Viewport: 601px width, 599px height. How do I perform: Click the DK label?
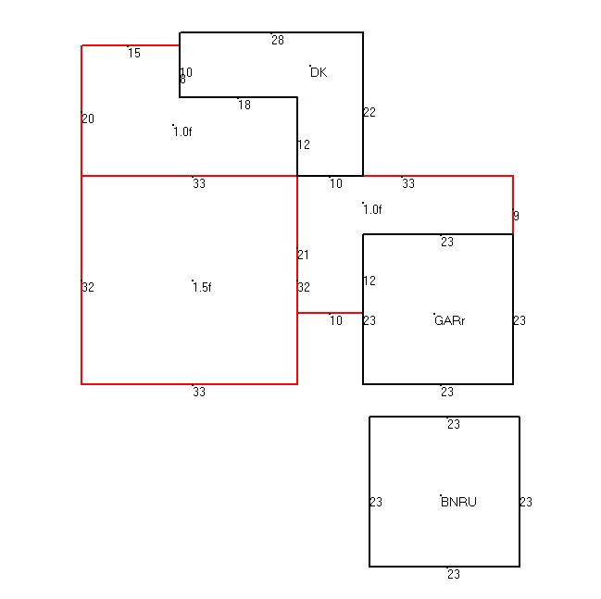319,72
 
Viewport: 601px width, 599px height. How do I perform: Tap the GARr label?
450,320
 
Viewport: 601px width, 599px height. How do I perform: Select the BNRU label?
458,502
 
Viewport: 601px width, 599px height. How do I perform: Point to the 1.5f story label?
202,287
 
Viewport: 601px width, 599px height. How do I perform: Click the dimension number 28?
278,40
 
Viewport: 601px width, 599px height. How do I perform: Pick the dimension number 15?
134,53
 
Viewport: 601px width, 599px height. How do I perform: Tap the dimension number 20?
88,119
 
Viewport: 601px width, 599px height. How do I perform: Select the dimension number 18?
244,105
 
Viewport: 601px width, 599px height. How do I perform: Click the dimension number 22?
369,112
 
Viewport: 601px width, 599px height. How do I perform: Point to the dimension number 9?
517,216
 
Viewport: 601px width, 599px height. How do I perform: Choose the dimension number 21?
303,255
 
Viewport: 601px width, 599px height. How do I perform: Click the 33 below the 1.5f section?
199,392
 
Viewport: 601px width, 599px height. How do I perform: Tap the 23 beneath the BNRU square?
454,574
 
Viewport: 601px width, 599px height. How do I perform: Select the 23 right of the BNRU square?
526,502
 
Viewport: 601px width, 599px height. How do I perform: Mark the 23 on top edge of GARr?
447,242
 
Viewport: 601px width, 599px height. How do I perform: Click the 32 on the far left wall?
88,287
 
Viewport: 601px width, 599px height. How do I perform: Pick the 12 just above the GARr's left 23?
369,281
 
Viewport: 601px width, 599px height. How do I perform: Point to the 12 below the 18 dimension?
304,144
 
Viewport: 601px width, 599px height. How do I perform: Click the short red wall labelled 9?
513,205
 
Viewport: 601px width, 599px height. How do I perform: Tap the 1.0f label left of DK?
182,131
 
